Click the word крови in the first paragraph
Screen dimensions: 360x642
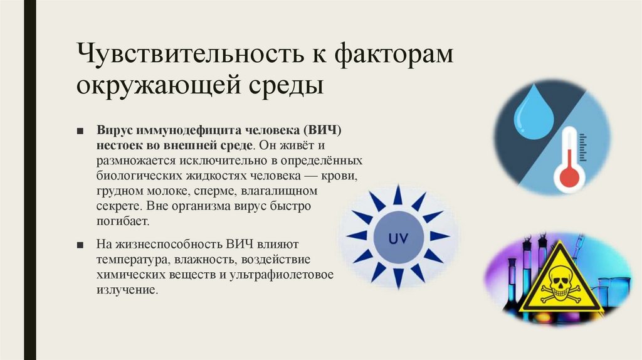(343, 175)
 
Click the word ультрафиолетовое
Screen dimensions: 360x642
(290, 275)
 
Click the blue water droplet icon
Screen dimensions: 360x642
(532, 115)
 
